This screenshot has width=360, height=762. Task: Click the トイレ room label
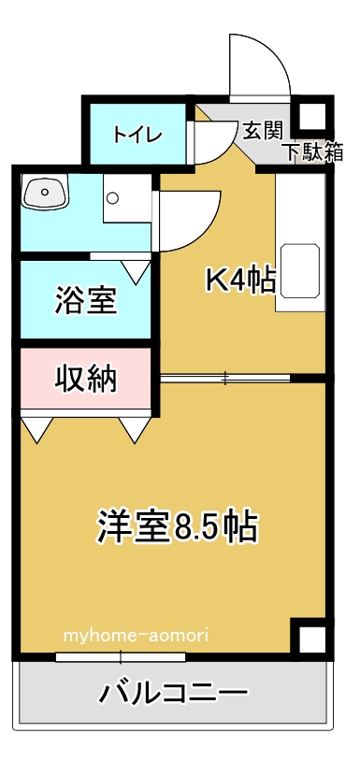(138, 133)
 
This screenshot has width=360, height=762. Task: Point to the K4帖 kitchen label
(240, 279)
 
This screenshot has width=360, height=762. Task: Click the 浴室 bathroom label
(86, 301)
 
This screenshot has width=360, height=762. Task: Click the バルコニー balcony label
(175, 694)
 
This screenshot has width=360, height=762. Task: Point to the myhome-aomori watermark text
(137, 636)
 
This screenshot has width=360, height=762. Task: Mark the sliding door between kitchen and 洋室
(224, 379)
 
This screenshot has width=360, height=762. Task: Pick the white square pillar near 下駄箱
(311, 117)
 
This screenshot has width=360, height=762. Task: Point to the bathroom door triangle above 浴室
(136, 270)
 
